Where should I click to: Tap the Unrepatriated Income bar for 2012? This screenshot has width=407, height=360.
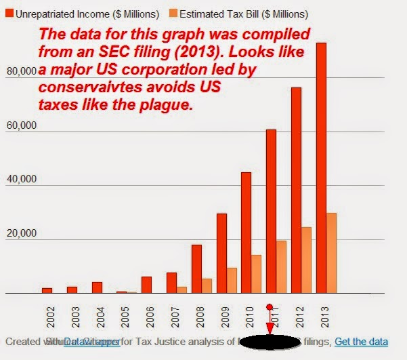pyautogui.click(x=296, y=190)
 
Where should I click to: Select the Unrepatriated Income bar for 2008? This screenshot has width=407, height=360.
pyautogui.click(x=196, y=268)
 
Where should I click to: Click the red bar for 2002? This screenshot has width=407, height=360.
pyautogui.click(x=47, y=290)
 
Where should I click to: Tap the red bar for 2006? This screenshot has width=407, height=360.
pyautogui.click(x=146, y=285)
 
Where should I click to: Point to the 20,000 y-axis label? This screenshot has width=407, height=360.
pyautogui.click(x=18, y=234)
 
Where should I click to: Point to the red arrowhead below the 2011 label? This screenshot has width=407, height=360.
pyautogui.click(x=271, y=328)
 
